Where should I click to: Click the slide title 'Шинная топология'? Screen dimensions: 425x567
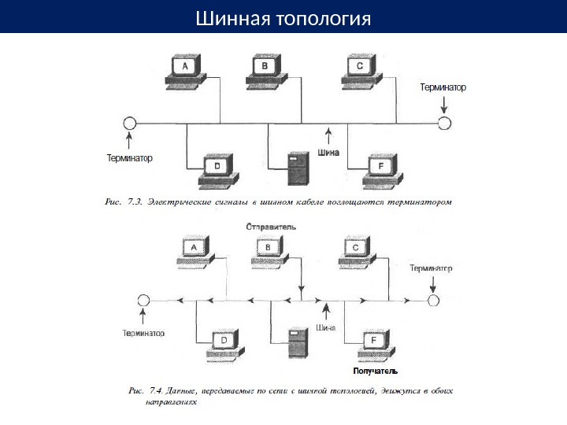tap(283, 17)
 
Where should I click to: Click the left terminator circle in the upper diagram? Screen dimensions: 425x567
tap(130, 124)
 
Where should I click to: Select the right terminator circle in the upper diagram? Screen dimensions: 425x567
tap(445, 124)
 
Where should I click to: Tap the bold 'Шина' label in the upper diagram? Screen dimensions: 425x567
tap(328, 153)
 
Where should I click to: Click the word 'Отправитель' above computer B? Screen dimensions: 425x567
tap(272, 226)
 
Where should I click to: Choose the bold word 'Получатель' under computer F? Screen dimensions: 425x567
tap(375, 370)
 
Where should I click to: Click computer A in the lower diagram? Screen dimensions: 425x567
tap(193, 250)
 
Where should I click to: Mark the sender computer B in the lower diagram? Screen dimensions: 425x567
tap(269, 250)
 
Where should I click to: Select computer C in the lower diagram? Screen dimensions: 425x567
tap(357, 250)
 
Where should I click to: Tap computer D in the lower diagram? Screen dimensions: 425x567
tap(224, 342)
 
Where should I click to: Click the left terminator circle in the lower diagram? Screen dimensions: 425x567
tap(143, 301)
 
